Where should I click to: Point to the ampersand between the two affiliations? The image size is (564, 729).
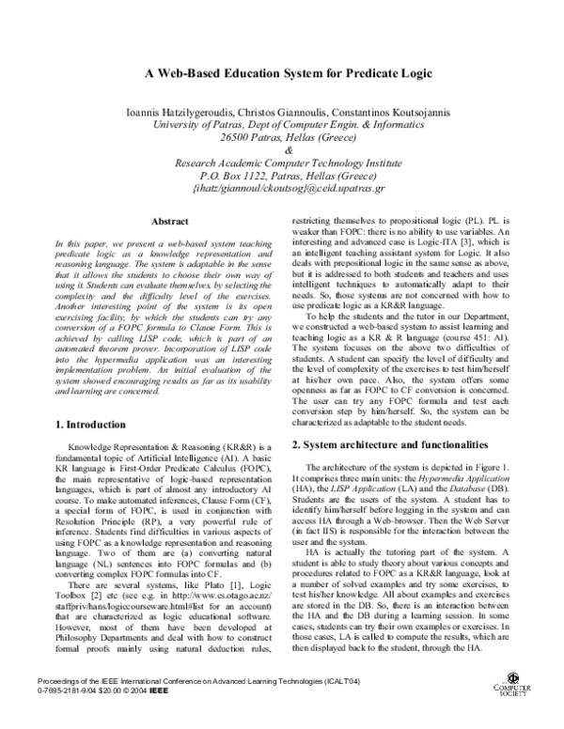point(288,151)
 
